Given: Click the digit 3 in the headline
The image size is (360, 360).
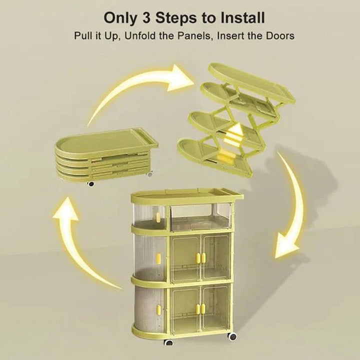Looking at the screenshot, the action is [x=146, y=17].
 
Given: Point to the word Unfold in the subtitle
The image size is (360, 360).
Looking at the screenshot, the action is [x=140, y=36].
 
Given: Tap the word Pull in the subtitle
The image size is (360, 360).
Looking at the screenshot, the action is [x=82, y=36].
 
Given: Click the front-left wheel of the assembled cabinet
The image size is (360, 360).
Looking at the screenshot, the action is [x=169, y=342].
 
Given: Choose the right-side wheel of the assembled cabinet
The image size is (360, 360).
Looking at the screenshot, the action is [x=232, y=336].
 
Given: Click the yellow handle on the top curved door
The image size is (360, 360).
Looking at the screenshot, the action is [x=158, y=217].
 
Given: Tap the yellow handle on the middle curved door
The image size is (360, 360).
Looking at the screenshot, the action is [x=158, y=257].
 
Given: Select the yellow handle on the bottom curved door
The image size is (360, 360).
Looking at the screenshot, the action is [x=158, y=309].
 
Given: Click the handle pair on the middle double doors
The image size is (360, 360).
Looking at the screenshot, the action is [x=200, y=257].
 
